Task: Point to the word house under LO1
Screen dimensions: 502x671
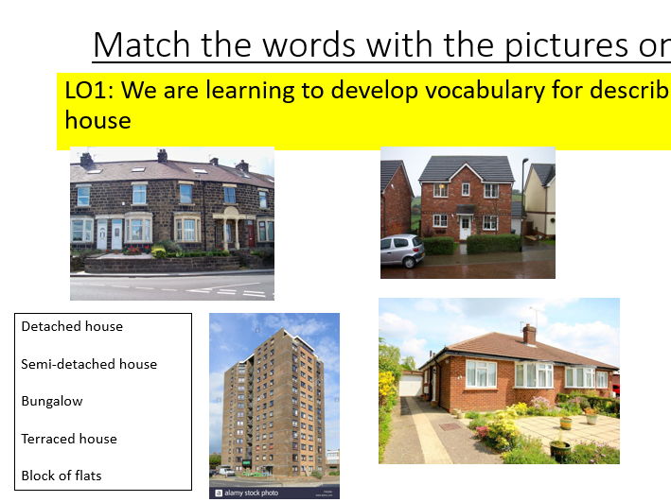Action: (97, 121)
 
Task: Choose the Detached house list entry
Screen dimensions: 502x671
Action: (72, 326)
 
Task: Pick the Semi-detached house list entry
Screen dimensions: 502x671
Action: (89, 364)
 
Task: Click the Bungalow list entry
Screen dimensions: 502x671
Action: (52, 401)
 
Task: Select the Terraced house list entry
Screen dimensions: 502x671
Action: (69, 439)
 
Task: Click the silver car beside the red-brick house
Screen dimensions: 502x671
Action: (401, 251)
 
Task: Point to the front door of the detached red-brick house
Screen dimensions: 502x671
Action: (465, 227)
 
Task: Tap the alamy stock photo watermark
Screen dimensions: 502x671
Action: (249, 493)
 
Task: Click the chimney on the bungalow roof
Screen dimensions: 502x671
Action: (529, 334)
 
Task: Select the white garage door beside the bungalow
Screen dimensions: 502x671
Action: (410, 386)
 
